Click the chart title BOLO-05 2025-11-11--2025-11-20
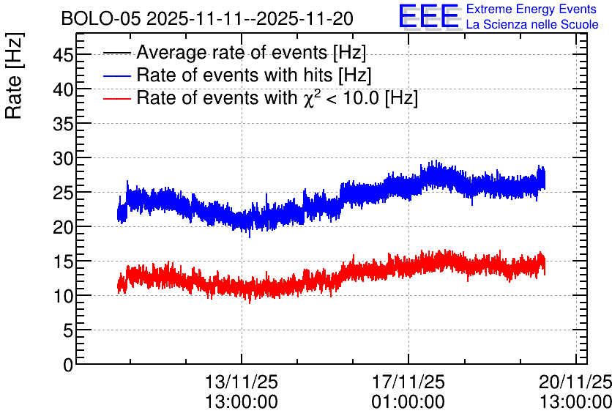point(207,18)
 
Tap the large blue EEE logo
point(429,17)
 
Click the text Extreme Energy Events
point(531,9)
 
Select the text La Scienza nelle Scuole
point(532,24)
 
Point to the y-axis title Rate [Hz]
point(14,75)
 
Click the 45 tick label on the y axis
point(63,55)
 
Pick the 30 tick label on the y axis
point(63,158)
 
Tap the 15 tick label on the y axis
point(63,262)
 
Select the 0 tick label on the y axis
point(68,365)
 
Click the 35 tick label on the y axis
point(63,124)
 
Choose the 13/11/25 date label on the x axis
point(242,382)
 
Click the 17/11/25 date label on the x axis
point(408,382)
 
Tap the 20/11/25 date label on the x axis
point(575,382)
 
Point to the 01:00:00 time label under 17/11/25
point(408,402)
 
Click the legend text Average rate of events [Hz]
point(251,52)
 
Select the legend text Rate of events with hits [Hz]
point(254,75)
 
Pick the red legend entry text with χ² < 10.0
point(277,97)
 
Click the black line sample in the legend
point(117,53)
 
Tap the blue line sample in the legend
point(117,75)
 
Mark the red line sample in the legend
point(117,98)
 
